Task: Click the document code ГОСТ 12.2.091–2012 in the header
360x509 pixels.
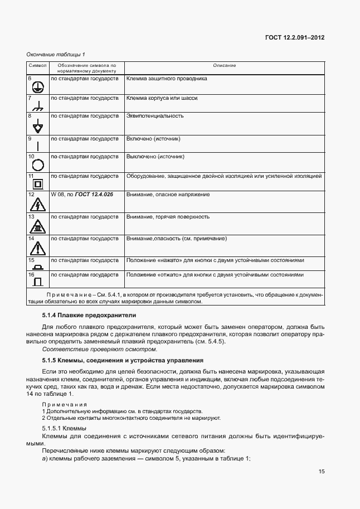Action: click(x=295, y=37)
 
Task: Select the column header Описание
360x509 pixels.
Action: click(x=225, y=66)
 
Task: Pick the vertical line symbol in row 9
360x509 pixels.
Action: click(x=38, y=145)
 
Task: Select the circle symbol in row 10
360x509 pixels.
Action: click(x=38, y=164)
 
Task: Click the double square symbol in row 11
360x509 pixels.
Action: click(x=38, y=183)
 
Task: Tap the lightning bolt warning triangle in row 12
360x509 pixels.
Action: click(x=38, y=203)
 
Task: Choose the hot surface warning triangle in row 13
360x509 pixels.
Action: click(x=38, y=225)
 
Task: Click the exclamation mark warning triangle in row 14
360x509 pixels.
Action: click(x=38, y=247)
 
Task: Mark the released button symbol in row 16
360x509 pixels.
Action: click(x=38, y=280)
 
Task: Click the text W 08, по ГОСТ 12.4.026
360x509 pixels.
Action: click(x=81, y=195)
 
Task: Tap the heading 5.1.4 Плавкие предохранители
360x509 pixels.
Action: click(x=77, y=316)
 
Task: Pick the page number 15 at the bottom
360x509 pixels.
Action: click(x=322, y=472)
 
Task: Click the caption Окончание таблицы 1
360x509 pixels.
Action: click(x=56, y=54)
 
